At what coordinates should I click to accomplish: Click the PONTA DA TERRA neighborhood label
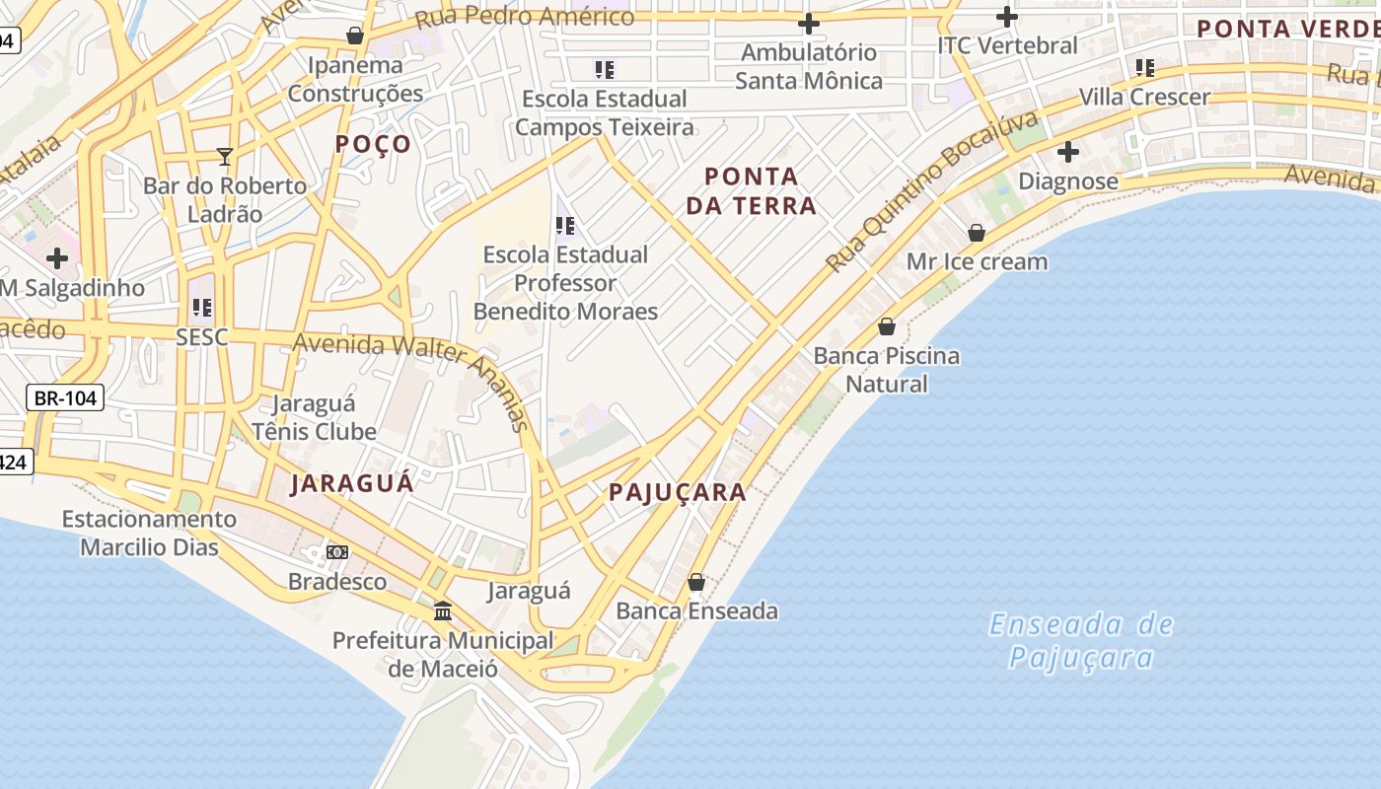tap(760, 191)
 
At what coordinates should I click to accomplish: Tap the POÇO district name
tap(373, 144)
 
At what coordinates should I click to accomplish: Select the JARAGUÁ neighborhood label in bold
tap(352, 484)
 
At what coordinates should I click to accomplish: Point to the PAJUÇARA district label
tap(677, 492)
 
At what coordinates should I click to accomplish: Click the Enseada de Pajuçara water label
tap(1081, 640)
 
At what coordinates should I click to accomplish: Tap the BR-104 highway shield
tap(65, 398)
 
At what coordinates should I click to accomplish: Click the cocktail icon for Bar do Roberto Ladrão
tap(225, 156)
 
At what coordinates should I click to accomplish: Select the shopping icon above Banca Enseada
tap(696, 582)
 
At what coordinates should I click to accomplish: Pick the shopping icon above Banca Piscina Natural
tap(887, 326)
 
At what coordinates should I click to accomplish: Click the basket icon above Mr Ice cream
tap(977, 233)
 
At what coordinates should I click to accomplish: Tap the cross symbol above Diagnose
tap(1067, 153)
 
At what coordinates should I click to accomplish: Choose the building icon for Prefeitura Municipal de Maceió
tap(443, 611)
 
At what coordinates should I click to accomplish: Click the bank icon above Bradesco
tap(337, 552)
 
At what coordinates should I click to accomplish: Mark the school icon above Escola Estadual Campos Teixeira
tap(605, 70)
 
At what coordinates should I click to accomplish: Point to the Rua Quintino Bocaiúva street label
tap(932, 192)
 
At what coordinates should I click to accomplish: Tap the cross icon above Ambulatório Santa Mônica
tap(808, 24)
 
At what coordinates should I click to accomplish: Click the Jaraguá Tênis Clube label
tap(314, 417)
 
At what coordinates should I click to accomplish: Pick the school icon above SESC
tap(202, 308)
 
